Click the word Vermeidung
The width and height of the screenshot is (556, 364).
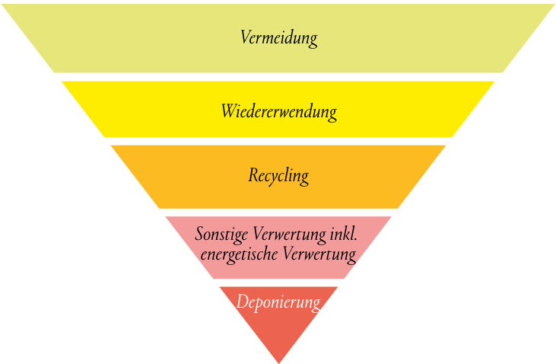click(x=278, y=37)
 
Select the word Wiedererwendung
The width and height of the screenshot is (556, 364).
click(x=278, y=112)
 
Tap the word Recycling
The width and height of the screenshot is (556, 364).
click(x=278, y=176)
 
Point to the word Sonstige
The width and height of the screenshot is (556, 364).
click(x=222, y=234)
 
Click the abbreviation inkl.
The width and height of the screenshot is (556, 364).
click(x=342, y=233)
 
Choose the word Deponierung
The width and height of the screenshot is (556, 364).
click(x=278, y=302)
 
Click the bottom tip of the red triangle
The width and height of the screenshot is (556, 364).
click(x=278, y=362)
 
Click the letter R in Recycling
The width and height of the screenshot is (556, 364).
click(x=253, y=175)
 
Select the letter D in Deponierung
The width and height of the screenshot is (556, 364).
click(x=241, y=302)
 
